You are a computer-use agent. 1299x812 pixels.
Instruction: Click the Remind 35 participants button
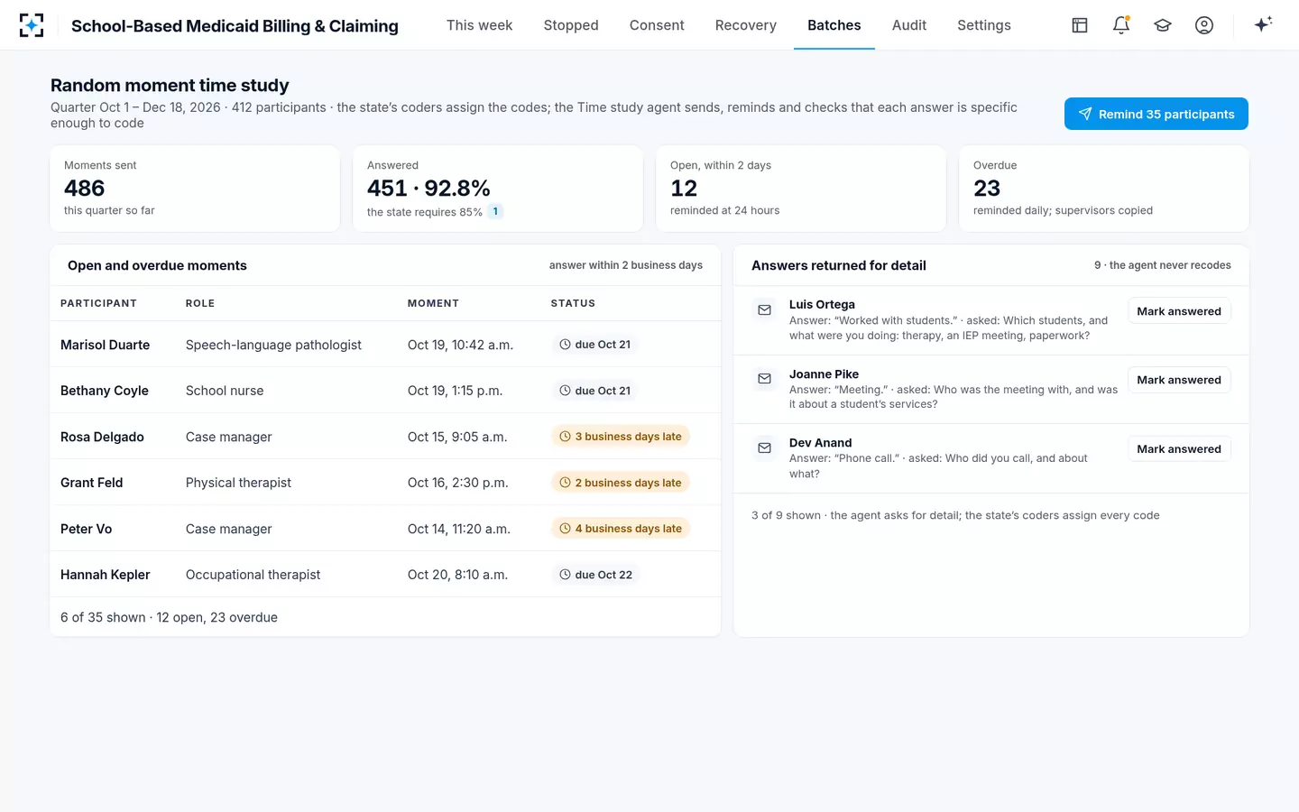point(1156,114)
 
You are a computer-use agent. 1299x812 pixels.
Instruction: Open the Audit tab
point(908,25)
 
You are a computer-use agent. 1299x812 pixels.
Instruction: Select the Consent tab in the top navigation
point(657,25)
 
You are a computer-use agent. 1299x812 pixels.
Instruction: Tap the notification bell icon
point(1121,25)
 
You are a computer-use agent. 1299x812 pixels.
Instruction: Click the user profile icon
point(1204,25)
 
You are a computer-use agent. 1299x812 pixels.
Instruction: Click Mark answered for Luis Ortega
point(1178,311)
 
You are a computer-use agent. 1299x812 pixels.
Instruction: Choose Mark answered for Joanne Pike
point(1178,380)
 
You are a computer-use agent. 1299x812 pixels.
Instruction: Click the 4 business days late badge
point(620,529)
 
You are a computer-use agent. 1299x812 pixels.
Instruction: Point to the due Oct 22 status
point(595,575)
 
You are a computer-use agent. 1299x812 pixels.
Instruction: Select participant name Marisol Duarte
point(105,345)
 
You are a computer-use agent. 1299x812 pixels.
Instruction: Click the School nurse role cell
point(225,391)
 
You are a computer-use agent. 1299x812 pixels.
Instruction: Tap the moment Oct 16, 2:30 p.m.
point(457,483)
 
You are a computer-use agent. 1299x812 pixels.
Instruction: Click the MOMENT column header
point(433,303)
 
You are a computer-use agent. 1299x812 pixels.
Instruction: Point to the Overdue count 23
point(987,188)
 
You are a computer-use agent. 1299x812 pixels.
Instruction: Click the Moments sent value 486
point(84,188)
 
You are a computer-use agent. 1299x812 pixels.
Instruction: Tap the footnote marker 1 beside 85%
point(494,211)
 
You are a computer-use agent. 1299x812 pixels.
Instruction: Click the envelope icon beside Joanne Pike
point(764,379)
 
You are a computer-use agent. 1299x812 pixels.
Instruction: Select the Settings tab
point(983,25)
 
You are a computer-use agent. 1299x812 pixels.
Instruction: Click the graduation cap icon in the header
point(1162,25)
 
